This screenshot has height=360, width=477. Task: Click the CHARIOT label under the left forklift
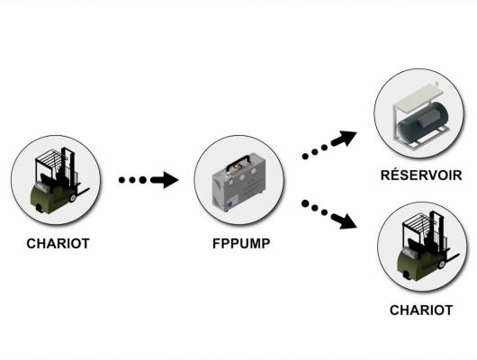(x=58, y=243)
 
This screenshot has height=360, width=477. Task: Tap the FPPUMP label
(x=241, y=243)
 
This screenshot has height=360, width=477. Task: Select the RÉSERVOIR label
(x=421, y=175)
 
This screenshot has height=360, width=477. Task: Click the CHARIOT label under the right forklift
(x=421, y=310)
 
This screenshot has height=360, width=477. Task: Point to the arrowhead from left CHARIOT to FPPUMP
(x=170, y=180)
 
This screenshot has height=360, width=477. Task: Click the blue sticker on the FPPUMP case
(x=233, y=203)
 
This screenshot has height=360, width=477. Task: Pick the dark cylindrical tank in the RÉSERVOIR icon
(x=422, y=122)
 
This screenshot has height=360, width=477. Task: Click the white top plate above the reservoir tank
(x=416, y=97)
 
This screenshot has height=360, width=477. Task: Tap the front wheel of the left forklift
(x=72, y=198)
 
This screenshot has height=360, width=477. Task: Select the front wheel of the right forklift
(x=442, y=264)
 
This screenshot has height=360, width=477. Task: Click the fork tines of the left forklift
(x=82, y=192)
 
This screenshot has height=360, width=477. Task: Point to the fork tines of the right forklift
(x=452, y=258)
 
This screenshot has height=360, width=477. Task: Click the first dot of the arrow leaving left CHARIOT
(x=121, y=180)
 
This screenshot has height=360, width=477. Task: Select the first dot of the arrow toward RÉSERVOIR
(x=305, y=157)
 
